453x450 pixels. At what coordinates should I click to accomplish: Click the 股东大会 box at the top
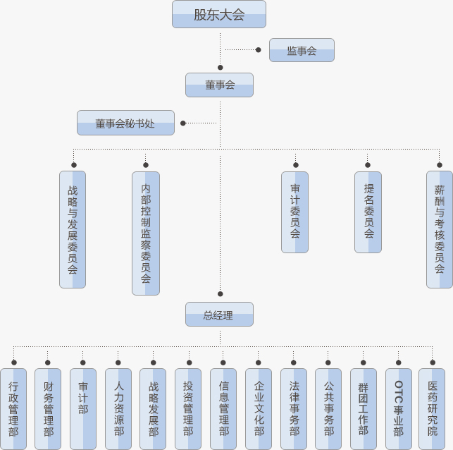[219, 14]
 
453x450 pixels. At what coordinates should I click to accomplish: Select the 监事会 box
[302, 50]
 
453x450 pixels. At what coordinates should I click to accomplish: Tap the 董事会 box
[219, 85]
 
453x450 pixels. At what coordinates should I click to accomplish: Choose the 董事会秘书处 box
[125, 123]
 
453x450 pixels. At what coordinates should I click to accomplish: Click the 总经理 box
[219, 315]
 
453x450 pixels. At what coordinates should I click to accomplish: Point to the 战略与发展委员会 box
[73, 229]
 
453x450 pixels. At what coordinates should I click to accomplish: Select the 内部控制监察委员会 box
[146, 233]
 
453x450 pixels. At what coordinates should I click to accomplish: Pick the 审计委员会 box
[294, 212]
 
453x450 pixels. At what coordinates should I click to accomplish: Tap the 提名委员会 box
[368, 212]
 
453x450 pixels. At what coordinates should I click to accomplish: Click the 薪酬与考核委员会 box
[440, 229]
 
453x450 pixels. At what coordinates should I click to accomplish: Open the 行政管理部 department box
[13, 408]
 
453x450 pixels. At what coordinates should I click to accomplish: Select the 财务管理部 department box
[48, 408]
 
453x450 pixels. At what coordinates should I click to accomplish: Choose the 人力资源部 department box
[118, 408]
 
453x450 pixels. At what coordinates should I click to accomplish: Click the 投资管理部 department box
[188, 408]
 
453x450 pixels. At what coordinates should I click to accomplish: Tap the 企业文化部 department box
[259, 408]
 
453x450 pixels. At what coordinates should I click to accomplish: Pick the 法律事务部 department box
[294, 408]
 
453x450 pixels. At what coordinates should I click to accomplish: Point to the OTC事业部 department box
[399, 408]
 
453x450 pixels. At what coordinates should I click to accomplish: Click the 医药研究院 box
[432, 408]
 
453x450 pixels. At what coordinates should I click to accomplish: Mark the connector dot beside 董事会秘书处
[183, 123]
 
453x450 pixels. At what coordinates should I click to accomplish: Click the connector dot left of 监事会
[259, 50]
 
